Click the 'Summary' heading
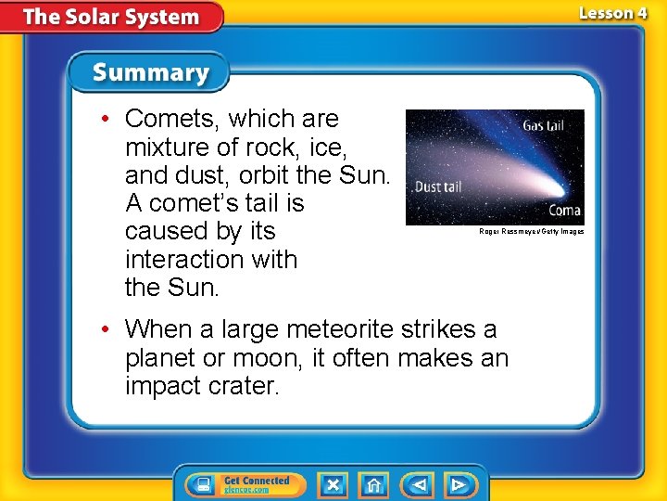coord(151,72)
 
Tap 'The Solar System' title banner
coord(111,17)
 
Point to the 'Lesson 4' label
coord(612,13)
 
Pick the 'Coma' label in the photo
coord(563,211)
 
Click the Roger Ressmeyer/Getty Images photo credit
coord(531,231)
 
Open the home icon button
coord(373,484)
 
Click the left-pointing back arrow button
coord(419,484)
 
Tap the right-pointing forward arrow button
coord(458,484)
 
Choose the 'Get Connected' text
coord(257,480)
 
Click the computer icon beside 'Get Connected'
coord(201,484)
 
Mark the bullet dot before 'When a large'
coord(107,329)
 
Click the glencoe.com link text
coord(246,490)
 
